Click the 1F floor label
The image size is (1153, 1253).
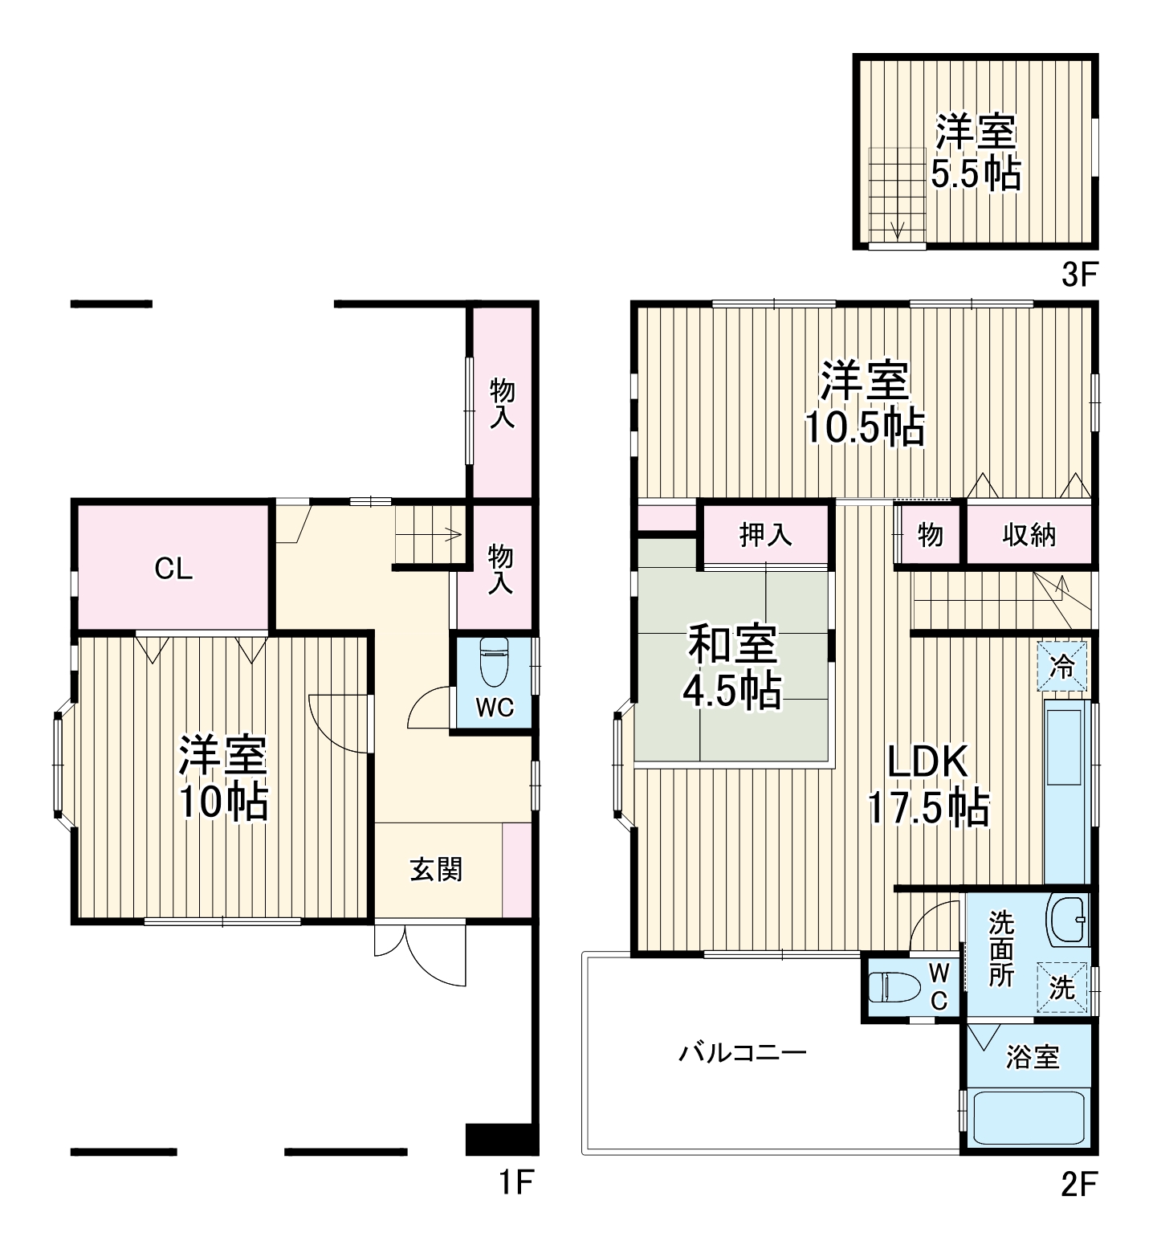point(516,1183)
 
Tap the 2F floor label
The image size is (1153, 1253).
point(1078,1184)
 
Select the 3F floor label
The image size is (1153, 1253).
point(1078,275)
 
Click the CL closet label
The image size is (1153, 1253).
point(173,569)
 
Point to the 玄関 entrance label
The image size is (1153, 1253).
point(436,869)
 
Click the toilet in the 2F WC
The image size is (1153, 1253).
point(890,986)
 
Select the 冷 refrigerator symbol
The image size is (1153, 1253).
point(1061,665)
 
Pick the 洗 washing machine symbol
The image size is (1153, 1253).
point(1062,987)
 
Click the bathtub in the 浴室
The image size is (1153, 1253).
point(1029,1117)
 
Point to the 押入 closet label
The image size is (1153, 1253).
point(764,534)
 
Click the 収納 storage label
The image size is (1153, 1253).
point(1029,534)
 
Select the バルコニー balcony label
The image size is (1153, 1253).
point(743,1051)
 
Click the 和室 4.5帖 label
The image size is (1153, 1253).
point(731,667)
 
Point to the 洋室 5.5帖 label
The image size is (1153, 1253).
point(976,151)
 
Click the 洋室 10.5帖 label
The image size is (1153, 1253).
point(864,403)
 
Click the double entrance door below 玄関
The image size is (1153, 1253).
point(419,955)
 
